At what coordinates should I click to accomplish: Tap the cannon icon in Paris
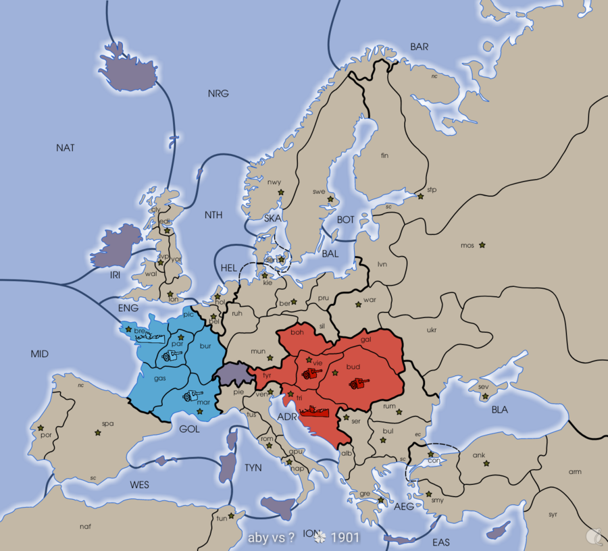click(x=168, y=355)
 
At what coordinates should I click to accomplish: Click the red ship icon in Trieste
click(x=313, y=409)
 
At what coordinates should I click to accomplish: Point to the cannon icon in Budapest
click(x=359, y=384)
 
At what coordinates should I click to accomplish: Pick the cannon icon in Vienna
click(x=311, y=373)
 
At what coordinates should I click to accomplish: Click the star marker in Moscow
click(x=482, y=245)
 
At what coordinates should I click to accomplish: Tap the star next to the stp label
click(x=420, y=196)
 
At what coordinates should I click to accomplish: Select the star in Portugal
click(x=41, y=428)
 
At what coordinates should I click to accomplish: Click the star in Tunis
click(x=232, y=516)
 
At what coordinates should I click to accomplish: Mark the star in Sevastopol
click(x=484, y=396)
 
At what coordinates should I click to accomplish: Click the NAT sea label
click(x=66, y=148)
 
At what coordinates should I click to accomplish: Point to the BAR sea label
click(x=420, y=47)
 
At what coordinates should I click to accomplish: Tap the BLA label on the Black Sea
click(x=500, y=409)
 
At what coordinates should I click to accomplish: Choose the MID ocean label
click(x=40, y=354)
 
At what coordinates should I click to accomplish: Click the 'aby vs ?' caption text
click(x=272, y=537)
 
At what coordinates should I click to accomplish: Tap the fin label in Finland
click(x=385, y=155)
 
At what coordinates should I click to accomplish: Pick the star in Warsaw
click(x=359, y=305)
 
